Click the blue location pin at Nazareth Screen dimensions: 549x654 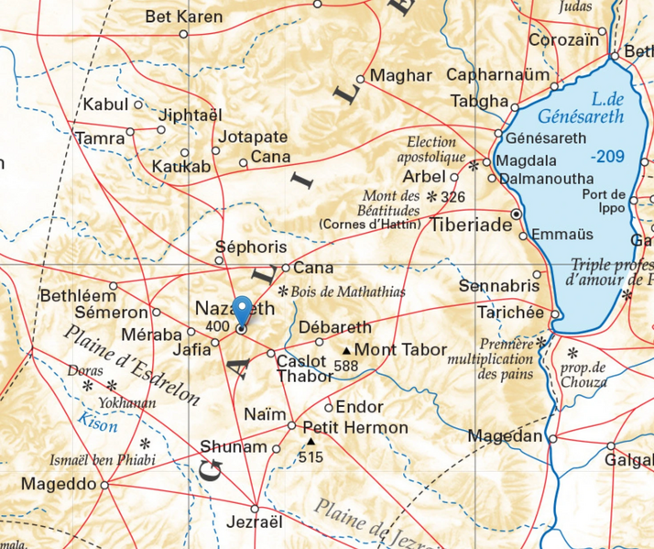pyautogui.click(x=241, y=310)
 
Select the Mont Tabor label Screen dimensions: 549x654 pyautogui.click(x=400, y=349)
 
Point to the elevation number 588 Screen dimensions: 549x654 pyautogui.click(x=345, y=366)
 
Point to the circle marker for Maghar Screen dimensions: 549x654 pyautogui.click(x=361, y=78)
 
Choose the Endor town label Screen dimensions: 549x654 pyautogui.click(x=359, y=406)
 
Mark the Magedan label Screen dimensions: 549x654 pyautogui.click(x=505, y=436)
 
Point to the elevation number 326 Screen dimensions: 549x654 pyautogui.click(x=452, y=197)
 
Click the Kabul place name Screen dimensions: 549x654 pyautogui.click(x=105, y=104)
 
